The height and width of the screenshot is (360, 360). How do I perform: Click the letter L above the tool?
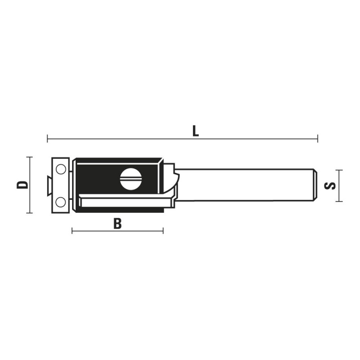[x=195, y=131]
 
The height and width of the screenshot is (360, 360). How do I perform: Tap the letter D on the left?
[x=22, y=185]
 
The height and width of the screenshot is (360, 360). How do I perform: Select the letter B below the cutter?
[x=117, y=223]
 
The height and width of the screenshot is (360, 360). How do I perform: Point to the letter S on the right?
[x=330, y=186]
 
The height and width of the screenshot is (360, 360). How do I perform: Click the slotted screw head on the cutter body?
[x=130, y=179]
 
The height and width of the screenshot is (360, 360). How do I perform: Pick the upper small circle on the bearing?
[x=61, y=170]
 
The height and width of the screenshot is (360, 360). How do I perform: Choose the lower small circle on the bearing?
[x=61, y=202]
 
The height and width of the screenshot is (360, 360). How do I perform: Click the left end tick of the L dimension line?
[x=47, y=139]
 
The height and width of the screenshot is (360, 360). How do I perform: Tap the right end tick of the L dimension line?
[x=318, y=139]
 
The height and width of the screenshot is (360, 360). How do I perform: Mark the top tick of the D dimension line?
[x=29, y=157]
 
